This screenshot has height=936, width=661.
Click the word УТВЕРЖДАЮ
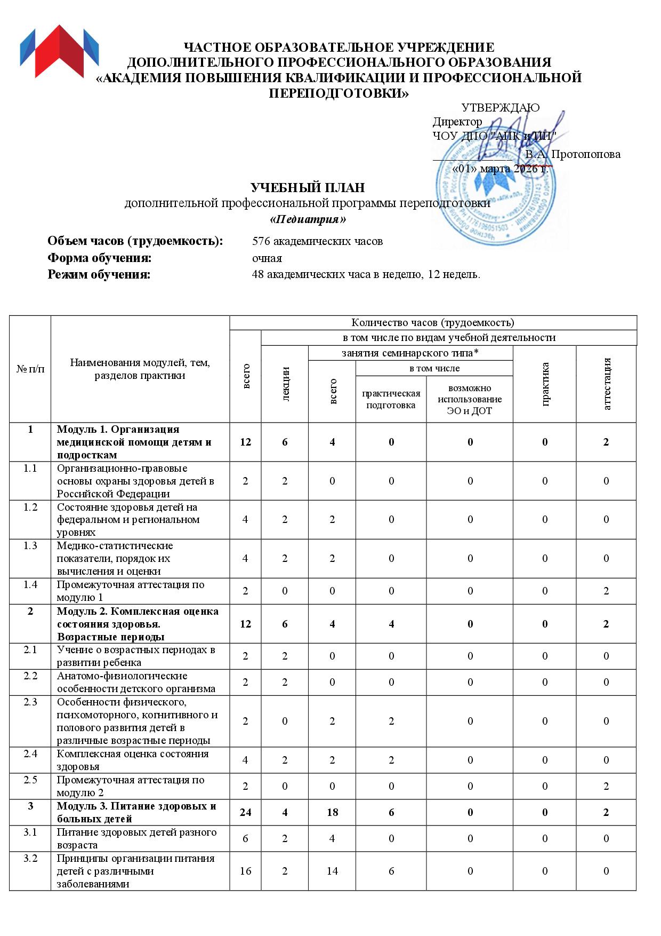coord(500,108)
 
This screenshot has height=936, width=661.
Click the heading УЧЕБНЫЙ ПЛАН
coord(308,188)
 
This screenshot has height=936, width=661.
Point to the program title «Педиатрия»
coord(308,219)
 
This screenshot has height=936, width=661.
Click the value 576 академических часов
coord(317,241)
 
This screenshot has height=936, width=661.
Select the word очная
coord(267,258)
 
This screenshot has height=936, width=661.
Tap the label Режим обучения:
coord(99,275)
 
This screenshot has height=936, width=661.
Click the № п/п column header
coord(30,369)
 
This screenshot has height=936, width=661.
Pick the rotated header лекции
coord(285,384)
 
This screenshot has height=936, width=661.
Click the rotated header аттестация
coord(606,384)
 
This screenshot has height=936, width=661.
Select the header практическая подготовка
coord(391,399)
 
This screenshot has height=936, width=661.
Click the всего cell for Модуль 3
coord(246,812)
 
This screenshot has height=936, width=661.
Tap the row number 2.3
coord(30,702)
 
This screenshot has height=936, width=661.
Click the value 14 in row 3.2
coord(332,871)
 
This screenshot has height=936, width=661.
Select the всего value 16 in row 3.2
coord(246,871)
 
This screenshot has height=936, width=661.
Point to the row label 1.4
coord(30,584)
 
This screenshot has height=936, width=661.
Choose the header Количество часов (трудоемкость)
coord(433,322)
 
